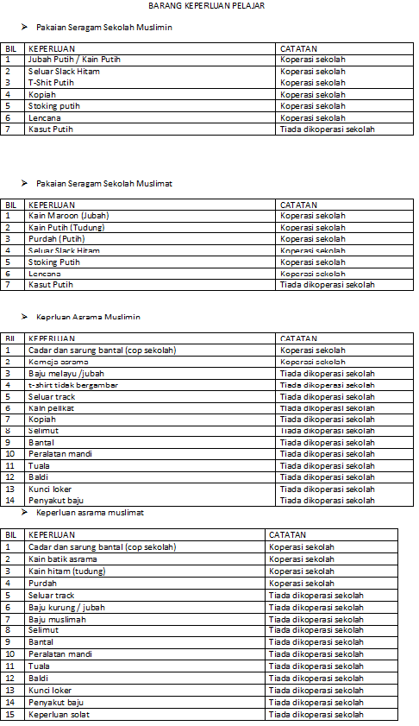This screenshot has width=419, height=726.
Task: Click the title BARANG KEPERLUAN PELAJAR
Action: pyautogui.click(x=206, y=5)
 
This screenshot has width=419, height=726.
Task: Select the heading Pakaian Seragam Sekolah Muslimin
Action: pyautogui.click(x=104, y=28)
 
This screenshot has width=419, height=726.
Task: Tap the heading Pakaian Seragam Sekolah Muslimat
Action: pyautogui.click(x=104, y=184)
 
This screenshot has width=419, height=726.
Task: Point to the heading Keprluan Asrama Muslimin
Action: pyautogui.click(x=88, y=317)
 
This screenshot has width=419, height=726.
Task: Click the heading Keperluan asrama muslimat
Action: pyautogui.click(x=90, y=512)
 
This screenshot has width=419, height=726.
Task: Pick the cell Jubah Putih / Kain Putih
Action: pyautogui.click(x=74, y=60)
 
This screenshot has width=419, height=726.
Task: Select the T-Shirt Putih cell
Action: pyautogui.click(x=51, y=83)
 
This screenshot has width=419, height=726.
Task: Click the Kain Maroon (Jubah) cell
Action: pyautogui.click(x=69, y=216)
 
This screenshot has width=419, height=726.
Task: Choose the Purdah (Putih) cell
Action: pyautogui.click(x=56, y=239)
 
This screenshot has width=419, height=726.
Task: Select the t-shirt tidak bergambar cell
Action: pyautogui.click(x=73, y=385)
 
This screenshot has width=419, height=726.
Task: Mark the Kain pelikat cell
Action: pyautogui.click(x=48, y=407)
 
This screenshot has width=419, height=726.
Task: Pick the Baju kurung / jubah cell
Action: pyautogui.click(x=66, y=607)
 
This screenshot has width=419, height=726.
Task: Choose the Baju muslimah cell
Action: pyautogui.click(x=56, y=619)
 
